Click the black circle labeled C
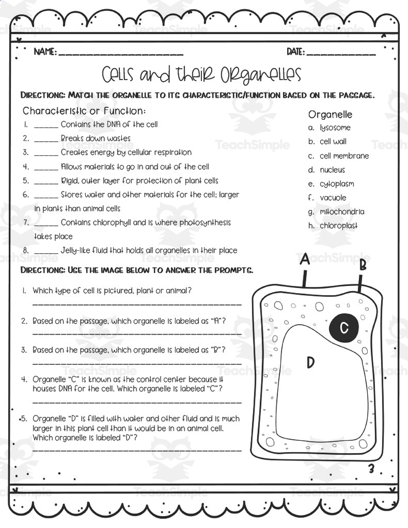point(344,327)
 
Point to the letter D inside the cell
point(310,362)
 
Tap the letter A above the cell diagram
point(304,259)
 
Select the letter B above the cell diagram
point(363,265)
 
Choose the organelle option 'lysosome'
point(335,128)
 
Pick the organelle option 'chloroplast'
point(339,226)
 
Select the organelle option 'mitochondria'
point(342,212)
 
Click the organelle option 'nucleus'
point(332,170)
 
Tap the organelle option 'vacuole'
point(333,198)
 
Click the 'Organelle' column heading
point(330,115)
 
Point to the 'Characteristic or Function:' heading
point(84,111)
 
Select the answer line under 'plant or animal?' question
point(137,304)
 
